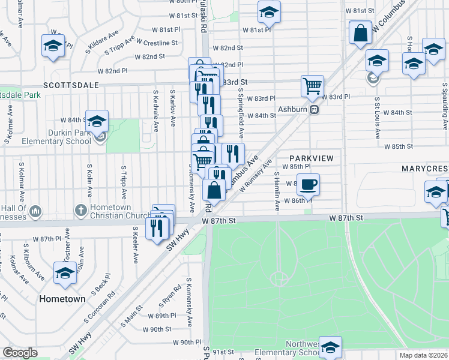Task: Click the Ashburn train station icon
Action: pos(315,110)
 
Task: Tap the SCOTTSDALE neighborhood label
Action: pos(70,86)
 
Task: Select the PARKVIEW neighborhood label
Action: pos(311,158)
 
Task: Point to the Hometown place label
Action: pos(62,298)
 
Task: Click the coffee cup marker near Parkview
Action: pos(308,184)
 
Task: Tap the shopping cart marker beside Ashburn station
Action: pos(312,86)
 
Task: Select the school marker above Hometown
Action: pos(64,273)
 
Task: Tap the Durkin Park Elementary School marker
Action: pos(97,121)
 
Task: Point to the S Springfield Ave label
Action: pos(241,113)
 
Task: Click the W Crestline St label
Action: pos(157,43)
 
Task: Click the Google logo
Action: pos(20,353)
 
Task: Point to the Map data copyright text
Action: pos(424,355)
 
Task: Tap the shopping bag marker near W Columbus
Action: pos(360,34)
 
